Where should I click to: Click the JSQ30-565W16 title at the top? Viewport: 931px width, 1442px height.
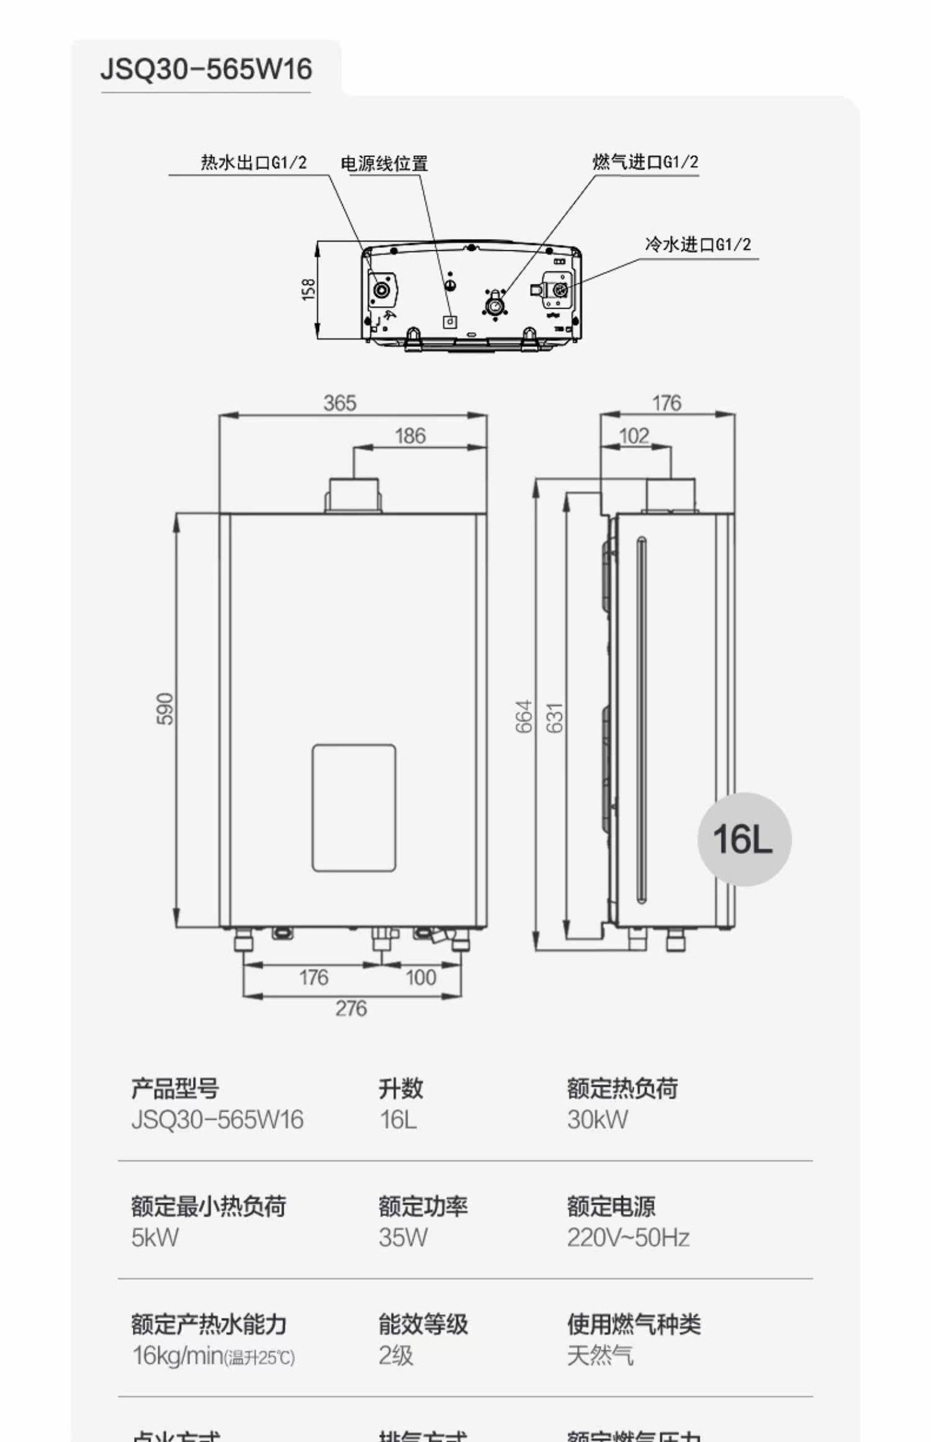(x=206, y=69)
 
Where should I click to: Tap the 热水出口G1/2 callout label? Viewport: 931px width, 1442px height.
(x=253, y=163)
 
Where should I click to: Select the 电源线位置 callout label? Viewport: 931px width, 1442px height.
(x=384, y=164)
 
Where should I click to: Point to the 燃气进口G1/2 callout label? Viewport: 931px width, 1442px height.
(x=645, y=162)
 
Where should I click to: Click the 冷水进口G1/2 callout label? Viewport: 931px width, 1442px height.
(x=698, y=245)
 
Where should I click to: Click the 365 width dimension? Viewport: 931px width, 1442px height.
(x=340, y=403)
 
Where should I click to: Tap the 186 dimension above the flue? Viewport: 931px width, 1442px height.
(x=410, y=436)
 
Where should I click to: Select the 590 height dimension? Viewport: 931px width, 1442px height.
(x=165, y=709)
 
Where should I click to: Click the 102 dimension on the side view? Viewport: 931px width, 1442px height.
(x=634, y=436)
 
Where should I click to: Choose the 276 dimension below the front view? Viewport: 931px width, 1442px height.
(x=351, y=1009)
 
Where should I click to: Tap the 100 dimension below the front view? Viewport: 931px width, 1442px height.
(x=420, y=978)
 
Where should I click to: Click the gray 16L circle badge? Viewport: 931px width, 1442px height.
(x=744, y=839)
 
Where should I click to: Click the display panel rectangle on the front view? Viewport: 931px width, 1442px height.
(x=354, y=807)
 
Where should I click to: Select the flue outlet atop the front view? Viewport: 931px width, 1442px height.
(x=354, y=494)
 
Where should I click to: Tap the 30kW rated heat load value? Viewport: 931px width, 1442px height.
(x=597, y=1120)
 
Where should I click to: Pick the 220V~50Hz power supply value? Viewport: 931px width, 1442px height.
(x=627, y=1238)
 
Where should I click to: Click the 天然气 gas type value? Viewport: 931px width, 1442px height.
(x=600, y=1356)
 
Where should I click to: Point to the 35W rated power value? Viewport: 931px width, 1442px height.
(x=403, y=1238)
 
